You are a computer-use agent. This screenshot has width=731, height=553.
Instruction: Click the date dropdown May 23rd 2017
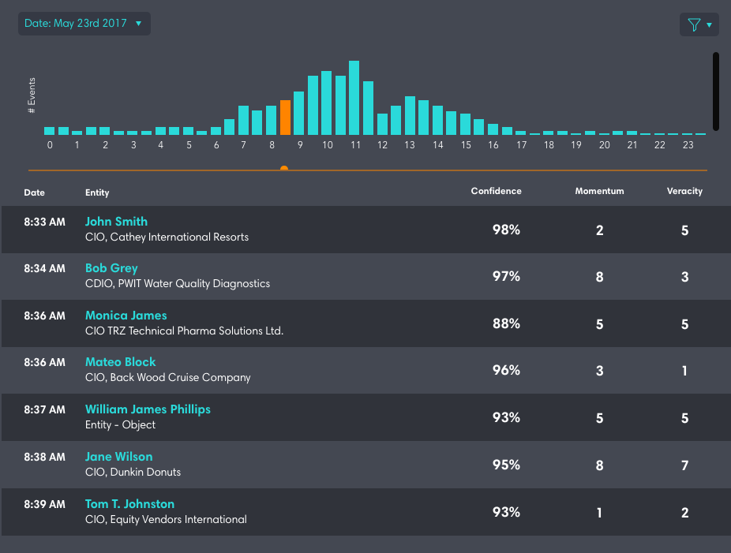point(84,24)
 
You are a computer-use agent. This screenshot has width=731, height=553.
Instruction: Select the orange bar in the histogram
point(285,118)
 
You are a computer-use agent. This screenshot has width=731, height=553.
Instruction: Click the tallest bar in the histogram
point(354,98)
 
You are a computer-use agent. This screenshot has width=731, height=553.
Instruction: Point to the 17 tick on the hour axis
point(521,145)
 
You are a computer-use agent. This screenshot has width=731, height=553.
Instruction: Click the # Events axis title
point(32,95)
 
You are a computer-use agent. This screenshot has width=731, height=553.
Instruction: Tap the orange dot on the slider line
point(284,168)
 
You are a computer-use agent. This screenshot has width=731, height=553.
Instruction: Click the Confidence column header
point(496,191)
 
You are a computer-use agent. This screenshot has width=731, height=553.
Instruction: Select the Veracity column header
point(684,191)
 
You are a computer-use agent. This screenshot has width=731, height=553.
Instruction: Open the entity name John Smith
point(116,222)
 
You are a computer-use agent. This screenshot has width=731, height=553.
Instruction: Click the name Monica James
point(126,316)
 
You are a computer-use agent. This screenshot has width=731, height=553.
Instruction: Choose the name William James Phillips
point(148,409)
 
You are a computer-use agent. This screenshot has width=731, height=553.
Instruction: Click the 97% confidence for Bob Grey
point(506,277)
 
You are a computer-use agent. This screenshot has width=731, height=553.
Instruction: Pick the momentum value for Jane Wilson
point(600,465)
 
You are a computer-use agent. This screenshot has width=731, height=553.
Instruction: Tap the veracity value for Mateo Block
point(684,371)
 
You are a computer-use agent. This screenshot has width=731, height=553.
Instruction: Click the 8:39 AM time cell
point(44,504)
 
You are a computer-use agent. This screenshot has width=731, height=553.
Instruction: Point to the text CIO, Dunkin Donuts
point(133,472)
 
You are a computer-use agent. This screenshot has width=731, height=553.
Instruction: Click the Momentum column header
point(599,191)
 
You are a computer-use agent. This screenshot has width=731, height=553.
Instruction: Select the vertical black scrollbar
point(715,91)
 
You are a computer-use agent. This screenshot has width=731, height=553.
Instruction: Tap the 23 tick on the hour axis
point(688,145)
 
